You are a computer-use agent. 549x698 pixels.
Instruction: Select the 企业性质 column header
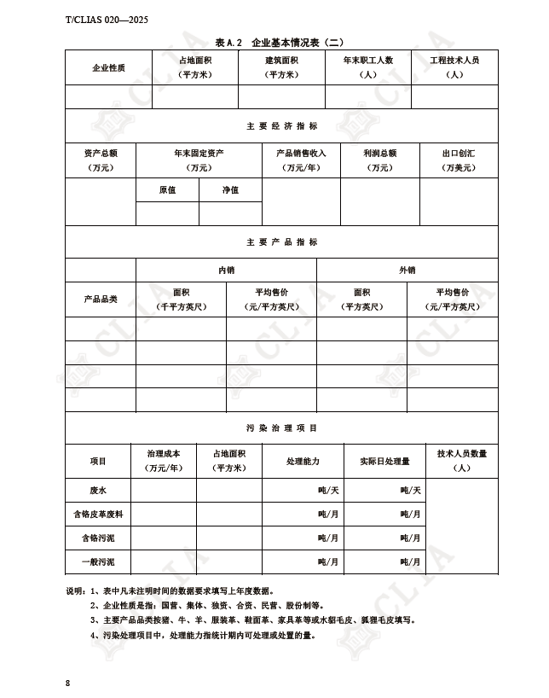click(x=108, y=67)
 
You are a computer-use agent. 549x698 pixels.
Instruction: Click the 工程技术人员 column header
click(x=454, y=67)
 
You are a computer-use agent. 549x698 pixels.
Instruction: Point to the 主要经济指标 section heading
click(x=281, y=126)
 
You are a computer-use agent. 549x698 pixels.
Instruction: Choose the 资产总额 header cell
click(x=100, y=160)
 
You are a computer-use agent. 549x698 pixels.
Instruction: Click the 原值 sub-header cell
click(x=167, y=189)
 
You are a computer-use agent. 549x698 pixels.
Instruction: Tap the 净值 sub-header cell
click(x=230, y=189)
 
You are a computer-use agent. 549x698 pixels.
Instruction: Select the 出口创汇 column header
click(x=458, y=160)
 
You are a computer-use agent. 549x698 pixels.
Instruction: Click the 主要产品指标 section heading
click(x=281, y=242)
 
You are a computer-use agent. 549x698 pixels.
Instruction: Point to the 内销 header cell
click(x=226, y=270)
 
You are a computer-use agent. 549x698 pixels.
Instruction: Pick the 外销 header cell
click(x=407, y=270)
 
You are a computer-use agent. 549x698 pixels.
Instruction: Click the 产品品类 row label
click(x=100, y=300)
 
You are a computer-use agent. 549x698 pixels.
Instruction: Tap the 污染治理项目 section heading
click(x=281, y=428)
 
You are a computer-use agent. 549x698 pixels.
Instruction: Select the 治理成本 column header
click(x=164, y=461)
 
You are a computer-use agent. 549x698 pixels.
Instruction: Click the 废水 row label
click(x=98, y=491)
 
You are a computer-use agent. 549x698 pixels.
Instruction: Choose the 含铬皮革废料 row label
click(x=98, y=515)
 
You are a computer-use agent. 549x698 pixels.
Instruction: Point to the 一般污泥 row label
click(x=98, y=562)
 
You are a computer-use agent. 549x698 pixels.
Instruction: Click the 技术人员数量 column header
click(x=461, y=461)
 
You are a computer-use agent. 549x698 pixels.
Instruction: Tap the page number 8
click(x=67, y=683)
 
